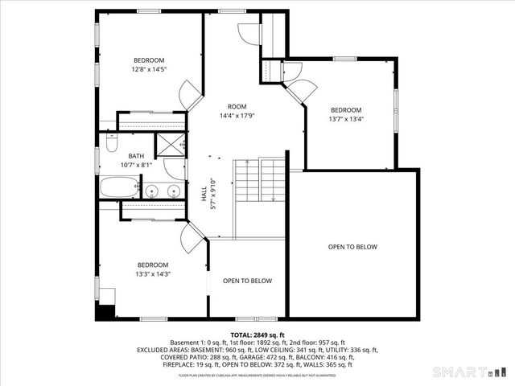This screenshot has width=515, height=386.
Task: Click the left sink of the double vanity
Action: [150, 191]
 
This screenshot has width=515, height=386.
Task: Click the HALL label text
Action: [204, 194]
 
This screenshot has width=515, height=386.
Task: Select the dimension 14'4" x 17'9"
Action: [237, 116]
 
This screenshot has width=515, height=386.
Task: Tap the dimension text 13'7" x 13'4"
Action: [346, 120]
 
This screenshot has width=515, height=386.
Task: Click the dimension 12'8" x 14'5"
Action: [149, 70]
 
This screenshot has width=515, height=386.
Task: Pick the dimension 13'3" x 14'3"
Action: [152, 274]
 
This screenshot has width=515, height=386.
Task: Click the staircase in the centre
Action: [260, 182]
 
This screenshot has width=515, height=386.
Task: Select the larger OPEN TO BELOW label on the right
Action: [352, 247]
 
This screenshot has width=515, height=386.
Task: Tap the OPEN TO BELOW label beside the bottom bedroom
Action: [247, 281]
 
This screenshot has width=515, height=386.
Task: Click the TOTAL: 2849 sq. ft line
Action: [257, 335]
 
